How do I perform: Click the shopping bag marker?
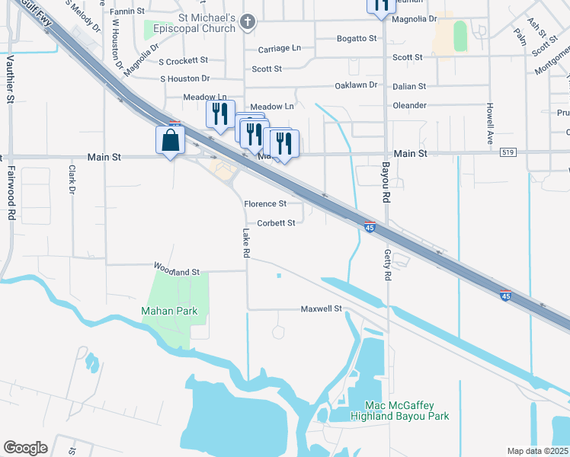click(x=170, y=141)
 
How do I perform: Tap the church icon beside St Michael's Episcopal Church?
click(x=247, y=22)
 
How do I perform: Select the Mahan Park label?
click(x=169, y=311)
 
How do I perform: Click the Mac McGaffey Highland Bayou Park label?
click(x=399, y=411)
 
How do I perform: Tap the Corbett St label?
click(x=276, y=223)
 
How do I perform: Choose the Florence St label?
click(x=264, y=203)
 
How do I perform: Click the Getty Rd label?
click(x=388, y=267)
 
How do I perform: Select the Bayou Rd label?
click(x=386, y=181)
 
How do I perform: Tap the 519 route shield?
click(x=508, y=153)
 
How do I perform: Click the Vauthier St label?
click(x=10, y=79)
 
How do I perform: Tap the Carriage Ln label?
click(x=279, y=48)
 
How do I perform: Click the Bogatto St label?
click(x=357, y=38)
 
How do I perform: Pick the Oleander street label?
click(x=409, y=106)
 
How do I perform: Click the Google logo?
click(x=25, y=448)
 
